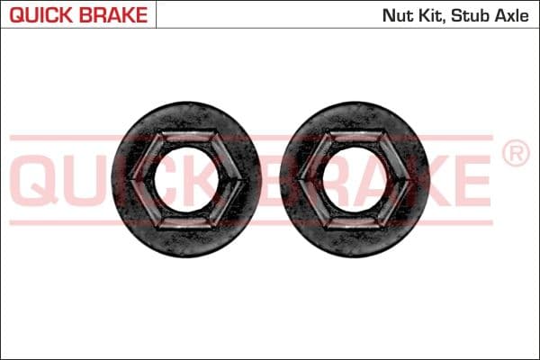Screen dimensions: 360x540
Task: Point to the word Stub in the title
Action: (x=473, y=15)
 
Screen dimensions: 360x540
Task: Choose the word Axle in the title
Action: (x=515, y=15)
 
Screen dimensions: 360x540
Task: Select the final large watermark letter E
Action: (x=473, y=180)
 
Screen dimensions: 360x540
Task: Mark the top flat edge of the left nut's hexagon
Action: (x=185, y=136)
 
